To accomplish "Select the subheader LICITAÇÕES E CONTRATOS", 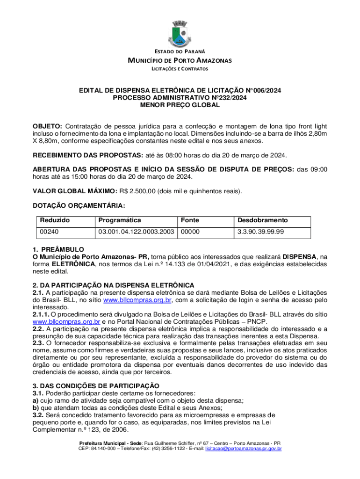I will (180, 69).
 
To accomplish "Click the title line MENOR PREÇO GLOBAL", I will (180, 105).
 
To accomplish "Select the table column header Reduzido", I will (55, 220).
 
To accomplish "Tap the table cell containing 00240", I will (49, 232).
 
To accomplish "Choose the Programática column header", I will (119, 220).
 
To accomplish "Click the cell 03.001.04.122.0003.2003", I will (136, 232).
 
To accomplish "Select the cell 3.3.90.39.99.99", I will (261, 232).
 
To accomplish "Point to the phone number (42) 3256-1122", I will (163, 449).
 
